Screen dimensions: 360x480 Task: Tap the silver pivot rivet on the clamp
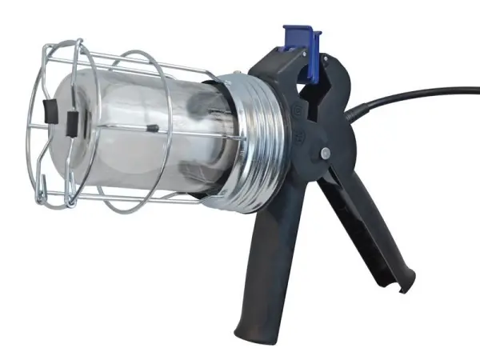coord(325,152)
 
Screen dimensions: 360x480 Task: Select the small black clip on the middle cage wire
coord(150,126)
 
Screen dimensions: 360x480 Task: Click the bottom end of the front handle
coord(244,328)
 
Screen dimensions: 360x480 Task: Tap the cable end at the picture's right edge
coord(475,90)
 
